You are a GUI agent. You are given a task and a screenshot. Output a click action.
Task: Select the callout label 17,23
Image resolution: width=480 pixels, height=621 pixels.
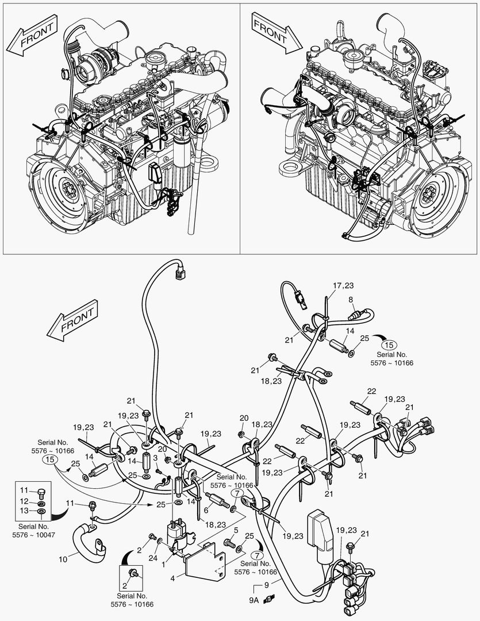click(x=343, y=286)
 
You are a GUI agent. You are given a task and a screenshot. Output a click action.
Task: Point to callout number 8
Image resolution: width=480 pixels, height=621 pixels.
click(x=351, y=300)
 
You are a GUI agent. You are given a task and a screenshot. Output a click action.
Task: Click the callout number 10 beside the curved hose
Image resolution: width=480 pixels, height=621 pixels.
click(x=64, y=558)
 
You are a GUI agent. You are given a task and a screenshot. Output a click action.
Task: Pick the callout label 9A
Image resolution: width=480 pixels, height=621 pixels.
click(x=254, y=599)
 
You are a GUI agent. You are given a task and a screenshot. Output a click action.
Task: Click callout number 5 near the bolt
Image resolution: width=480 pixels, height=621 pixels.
click(x=236, y=530)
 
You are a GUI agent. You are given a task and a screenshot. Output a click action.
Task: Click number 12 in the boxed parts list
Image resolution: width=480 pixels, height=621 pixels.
click(x=24, y=501)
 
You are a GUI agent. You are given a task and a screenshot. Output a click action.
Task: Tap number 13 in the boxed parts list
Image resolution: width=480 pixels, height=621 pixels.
click(x=24, y=511)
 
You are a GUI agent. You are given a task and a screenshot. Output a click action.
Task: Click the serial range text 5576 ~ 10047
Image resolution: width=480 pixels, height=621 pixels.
click(x=33, y=534)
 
